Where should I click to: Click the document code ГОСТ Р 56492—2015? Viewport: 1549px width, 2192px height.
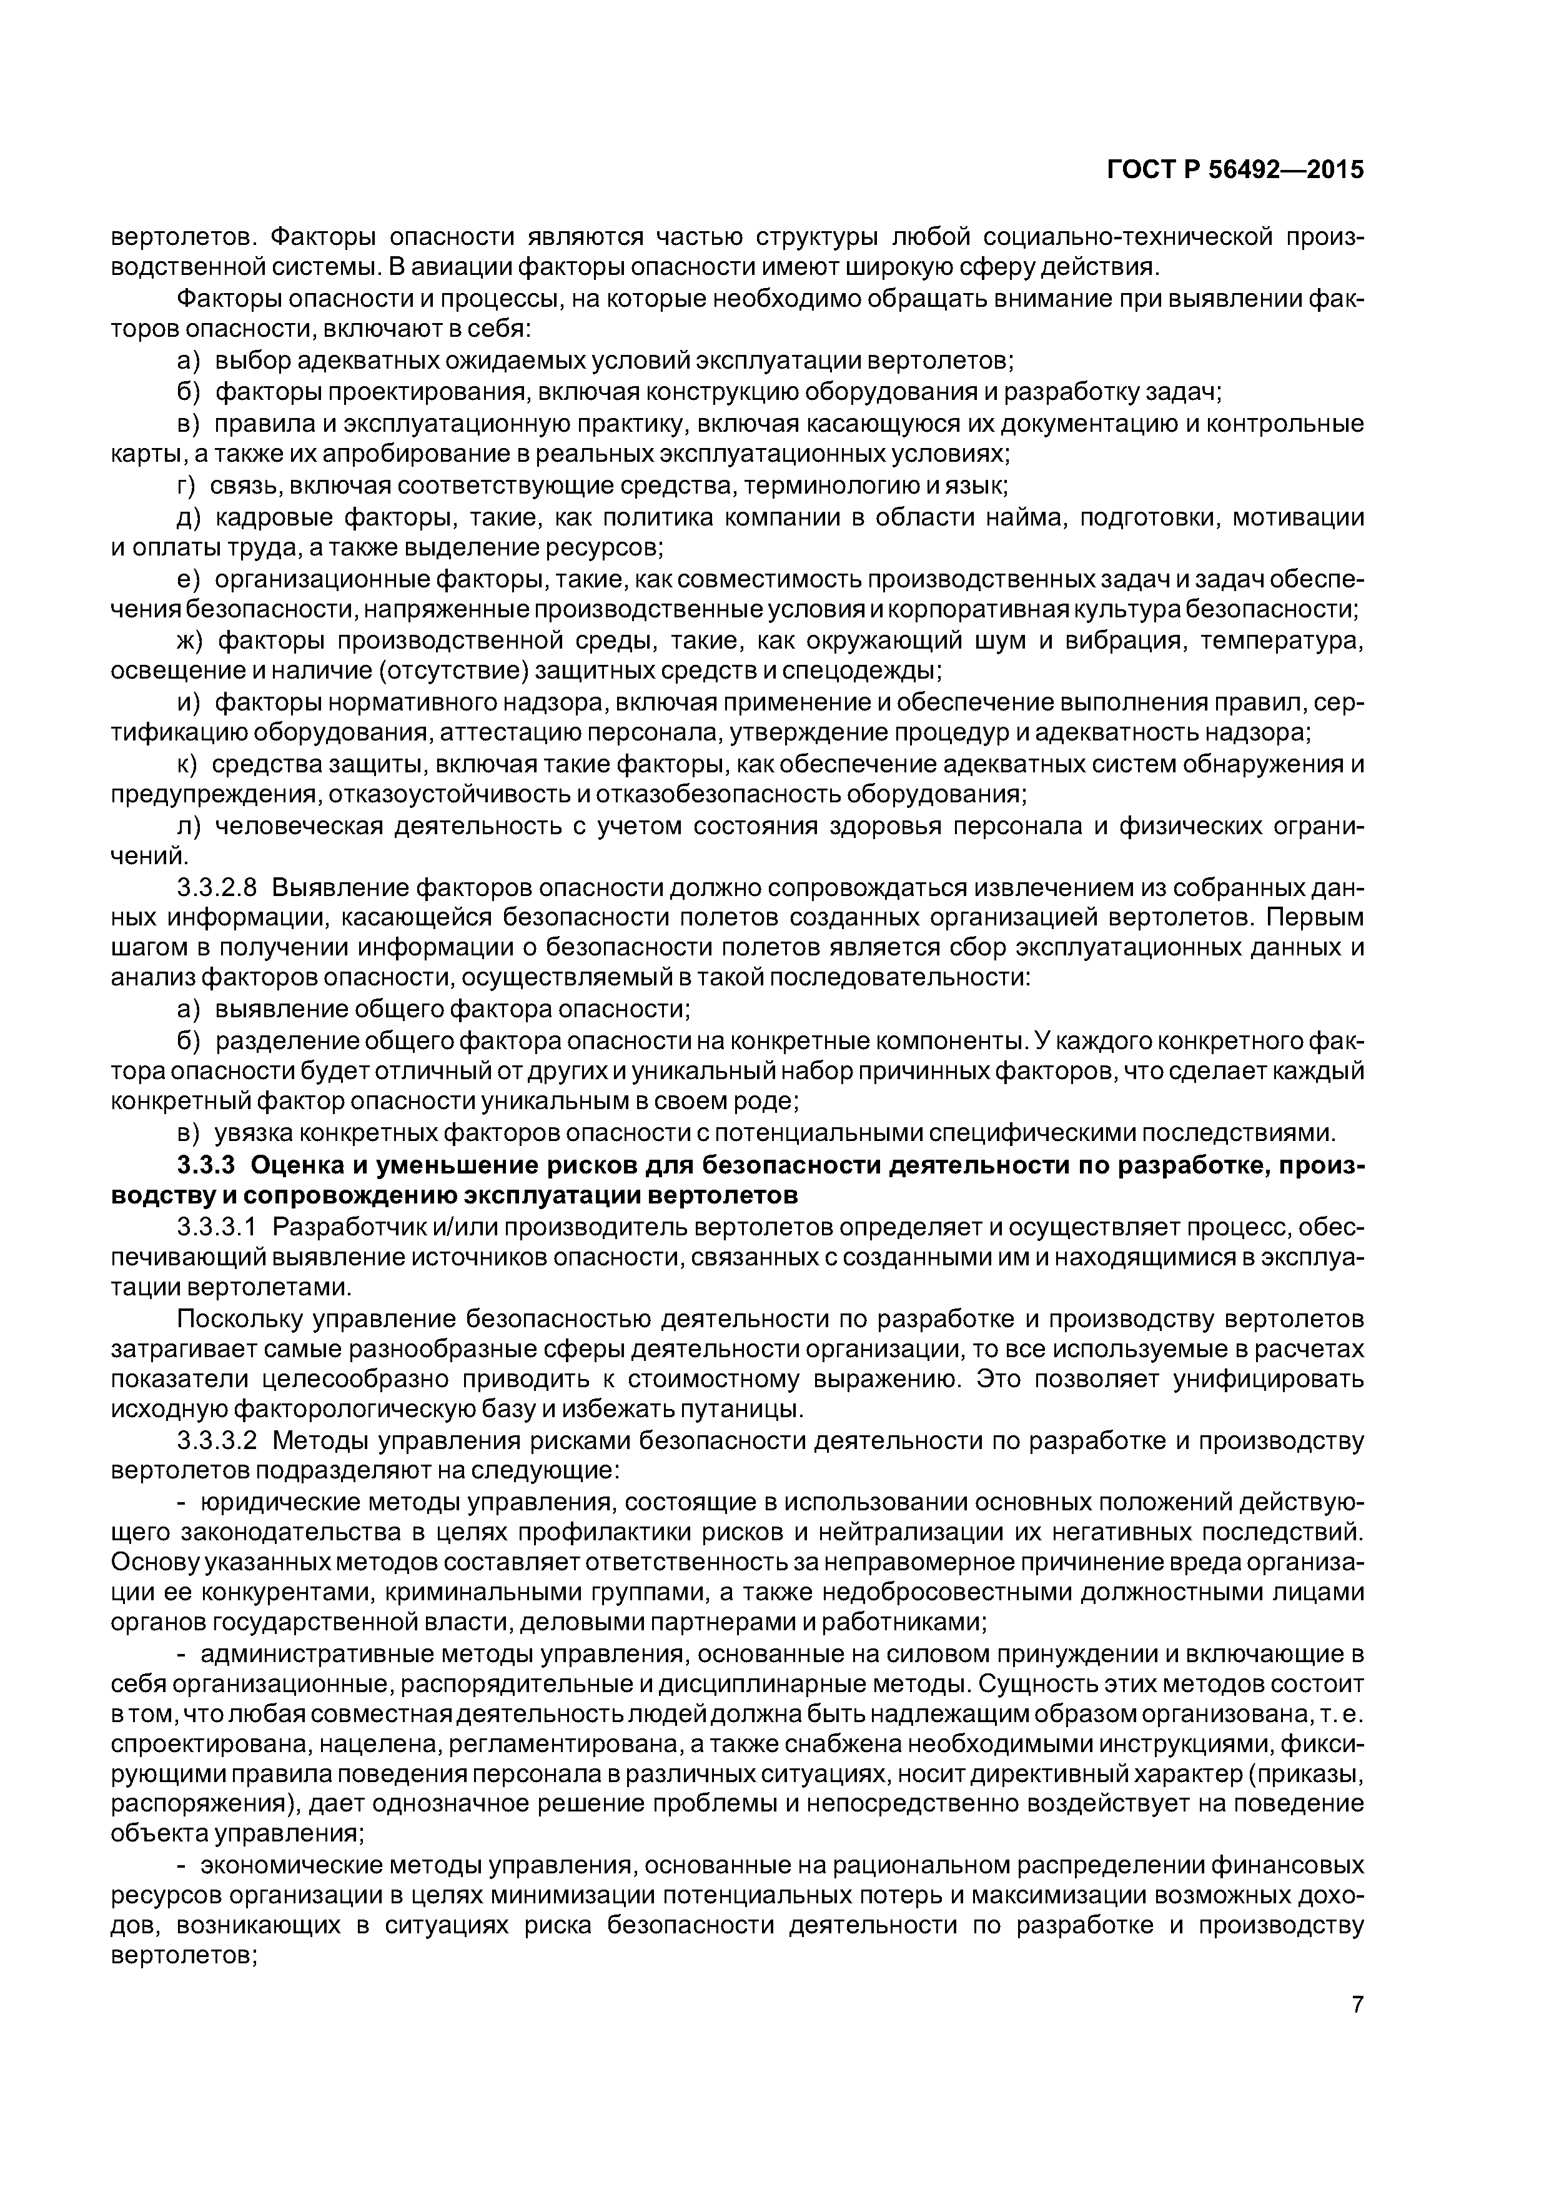1235,171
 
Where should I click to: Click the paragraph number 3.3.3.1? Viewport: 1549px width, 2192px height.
217,1227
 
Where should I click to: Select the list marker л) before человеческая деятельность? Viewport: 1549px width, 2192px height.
189,826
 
